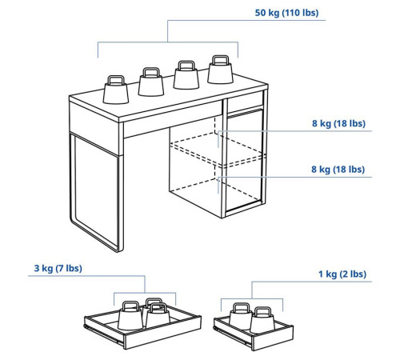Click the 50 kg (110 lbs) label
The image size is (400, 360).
click(x=286, y=13)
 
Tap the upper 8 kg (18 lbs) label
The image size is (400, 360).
click(x=338, y=123)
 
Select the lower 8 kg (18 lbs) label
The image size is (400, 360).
click(x=338, y=170)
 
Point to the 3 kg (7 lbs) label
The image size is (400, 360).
click(x=58, y=268)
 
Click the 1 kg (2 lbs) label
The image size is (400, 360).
click(x=342, y=274)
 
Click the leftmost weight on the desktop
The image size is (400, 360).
click(x=116, y=90)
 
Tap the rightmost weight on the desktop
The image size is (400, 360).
click(x=220, y=70)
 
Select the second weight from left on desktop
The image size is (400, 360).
click(x=151, y=82)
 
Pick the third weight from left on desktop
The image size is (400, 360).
click(x=186, y=75)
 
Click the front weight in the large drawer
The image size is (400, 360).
click(x=158, y=316)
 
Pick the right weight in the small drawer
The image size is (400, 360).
click(x=262, y=320)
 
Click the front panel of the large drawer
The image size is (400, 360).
click(x=162, y=333)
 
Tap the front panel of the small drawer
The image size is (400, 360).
click(x=272, y=338)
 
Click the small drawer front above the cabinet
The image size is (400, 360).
click(x=246, y=102)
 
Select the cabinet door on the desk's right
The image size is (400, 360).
click(x=244, y=161)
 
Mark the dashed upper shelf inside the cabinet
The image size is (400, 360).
click(x=218, y=150)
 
